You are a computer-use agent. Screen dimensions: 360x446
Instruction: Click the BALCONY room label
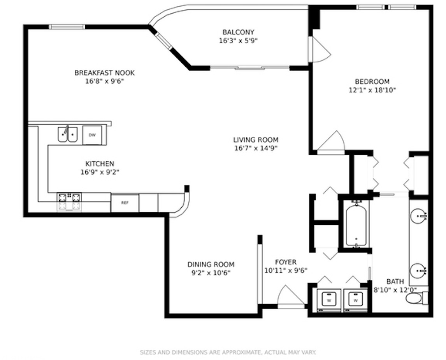(238, 32)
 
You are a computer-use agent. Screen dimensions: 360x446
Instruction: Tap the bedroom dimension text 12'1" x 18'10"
(372, 90)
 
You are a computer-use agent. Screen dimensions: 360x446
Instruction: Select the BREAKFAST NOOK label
(104, 73)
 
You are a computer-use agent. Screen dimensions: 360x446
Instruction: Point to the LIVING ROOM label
(256, 140)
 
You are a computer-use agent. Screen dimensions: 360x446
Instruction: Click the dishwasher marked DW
(92, 135)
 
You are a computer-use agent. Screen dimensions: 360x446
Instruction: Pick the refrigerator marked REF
(125, 203)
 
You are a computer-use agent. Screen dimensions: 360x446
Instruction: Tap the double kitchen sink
(68, 134)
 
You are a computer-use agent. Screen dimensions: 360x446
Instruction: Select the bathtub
(356, 225)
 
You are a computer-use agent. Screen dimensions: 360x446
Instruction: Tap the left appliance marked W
(329, 300)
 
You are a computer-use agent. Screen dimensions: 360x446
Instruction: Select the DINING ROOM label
(211, 265)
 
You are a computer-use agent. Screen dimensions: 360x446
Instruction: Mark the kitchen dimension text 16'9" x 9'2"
(100, 172)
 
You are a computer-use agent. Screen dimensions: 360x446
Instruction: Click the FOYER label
(286, 262)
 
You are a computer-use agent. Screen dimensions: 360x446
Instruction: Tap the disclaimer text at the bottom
(228, 352)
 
